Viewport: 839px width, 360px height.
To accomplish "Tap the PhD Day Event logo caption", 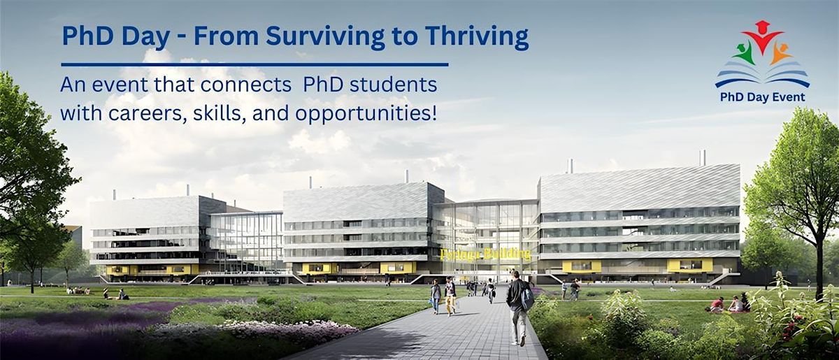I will coord(762,97).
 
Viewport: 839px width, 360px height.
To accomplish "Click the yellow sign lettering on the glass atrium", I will coord(485,253).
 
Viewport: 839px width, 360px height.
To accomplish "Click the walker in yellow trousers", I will coord(450,297).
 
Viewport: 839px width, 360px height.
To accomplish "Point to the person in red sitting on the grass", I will coord(717,304).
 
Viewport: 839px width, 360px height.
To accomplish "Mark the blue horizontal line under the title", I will coord(254,64).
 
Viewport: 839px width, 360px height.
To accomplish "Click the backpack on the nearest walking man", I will coord(526,298).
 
